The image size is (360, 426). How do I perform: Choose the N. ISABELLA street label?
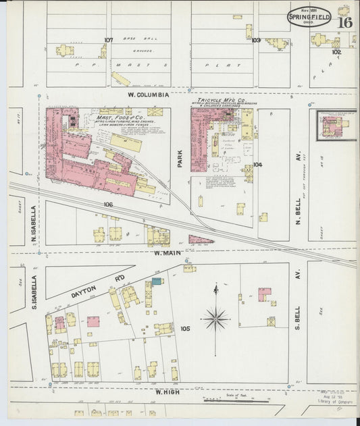coord(32,225)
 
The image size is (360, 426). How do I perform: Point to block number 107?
coord(108,40)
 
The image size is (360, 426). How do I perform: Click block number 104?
coord(257,164)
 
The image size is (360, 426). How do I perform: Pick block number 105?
coord(185,329)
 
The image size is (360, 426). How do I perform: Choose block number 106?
coord(108,203)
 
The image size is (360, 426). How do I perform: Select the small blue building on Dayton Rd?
coord(157,280)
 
